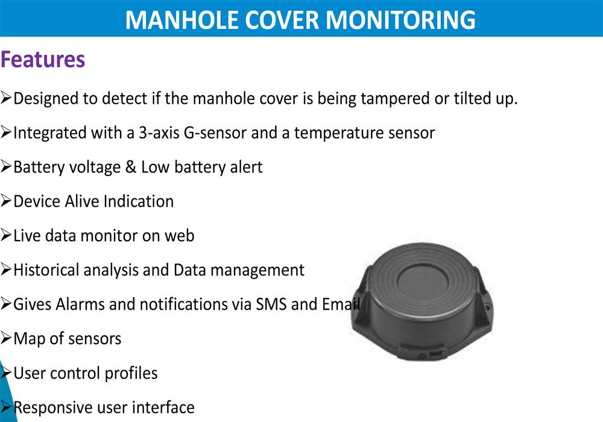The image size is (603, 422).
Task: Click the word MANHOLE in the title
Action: coord(182,20)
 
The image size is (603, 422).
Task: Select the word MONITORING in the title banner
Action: coord(400,20)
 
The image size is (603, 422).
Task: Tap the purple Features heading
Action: coord(43,59)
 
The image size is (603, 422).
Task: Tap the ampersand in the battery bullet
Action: coord(131,167)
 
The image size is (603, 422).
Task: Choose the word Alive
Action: coord(82,201)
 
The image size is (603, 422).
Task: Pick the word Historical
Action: coord(46,270)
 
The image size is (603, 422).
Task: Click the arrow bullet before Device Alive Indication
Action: coord(6,201)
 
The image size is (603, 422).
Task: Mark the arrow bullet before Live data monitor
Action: coord(6,235)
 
